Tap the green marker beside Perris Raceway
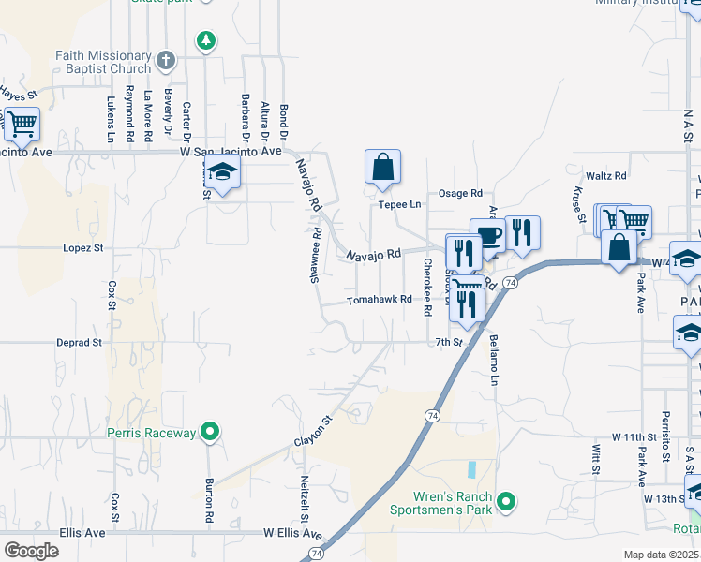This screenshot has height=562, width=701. coord(211,432)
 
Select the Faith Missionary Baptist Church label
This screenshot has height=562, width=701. coord(103,62)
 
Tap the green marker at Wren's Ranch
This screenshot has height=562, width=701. coord(507,503)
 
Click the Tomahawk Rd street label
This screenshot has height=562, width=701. coord(380,300)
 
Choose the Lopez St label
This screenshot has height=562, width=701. coord(82,248)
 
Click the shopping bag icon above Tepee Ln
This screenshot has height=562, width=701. coord(382,167)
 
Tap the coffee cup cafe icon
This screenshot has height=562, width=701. coord(487,235)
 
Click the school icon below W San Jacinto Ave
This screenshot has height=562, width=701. coord(223,172)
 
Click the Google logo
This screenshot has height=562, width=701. coord(31,551)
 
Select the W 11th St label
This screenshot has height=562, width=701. coord(634,437)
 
